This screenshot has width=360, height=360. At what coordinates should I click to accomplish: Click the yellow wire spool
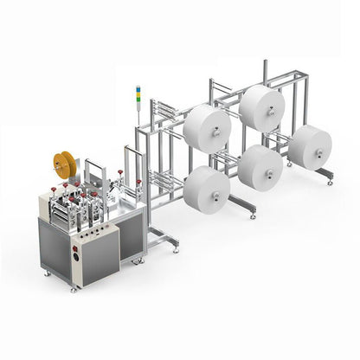click(x=63, y=164)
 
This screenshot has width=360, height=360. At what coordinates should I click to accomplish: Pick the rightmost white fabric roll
click(x=309, y=146)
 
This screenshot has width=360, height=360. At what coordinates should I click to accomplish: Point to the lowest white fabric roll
click(x=206, y=190)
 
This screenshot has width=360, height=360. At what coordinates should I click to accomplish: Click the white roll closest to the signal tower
click(x=206, y=129)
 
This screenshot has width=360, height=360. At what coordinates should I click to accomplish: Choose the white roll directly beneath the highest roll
click(x=260, y=167)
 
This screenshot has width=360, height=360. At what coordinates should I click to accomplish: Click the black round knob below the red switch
click(x=76, y=257)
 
